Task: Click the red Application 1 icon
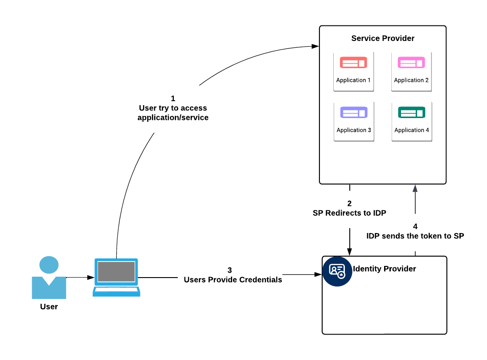[x=353, y=62]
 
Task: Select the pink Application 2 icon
[x=411, y=62]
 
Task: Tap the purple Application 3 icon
[x=353, y=112]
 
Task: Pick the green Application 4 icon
[x=411, y=112]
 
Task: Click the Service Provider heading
[x=383, y=38]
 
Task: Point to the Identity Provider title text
[x=385, y=269]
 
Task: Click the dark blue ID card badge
[x=337, y=271]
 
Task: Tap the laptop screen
[x=116, y=271]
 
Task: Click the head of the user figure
[x=49, y=265]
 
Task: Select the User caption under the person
[x=49, y=307]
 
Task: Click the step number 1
[x=173, y=98]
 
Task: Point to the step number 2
[x=349, y=204]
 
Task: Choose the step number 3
[x=229, y=270]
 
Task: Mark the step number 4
[x=415, y=226]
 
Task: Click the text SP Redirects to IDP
[x=349, y=213]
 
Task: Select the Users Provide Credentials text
[x=233, y=280]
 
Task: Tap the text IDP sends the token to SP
[x=415, y=236]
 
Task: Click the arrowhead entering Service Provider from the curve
[x=315, y=46]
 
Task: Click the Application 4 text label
[x=412, y=130]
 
